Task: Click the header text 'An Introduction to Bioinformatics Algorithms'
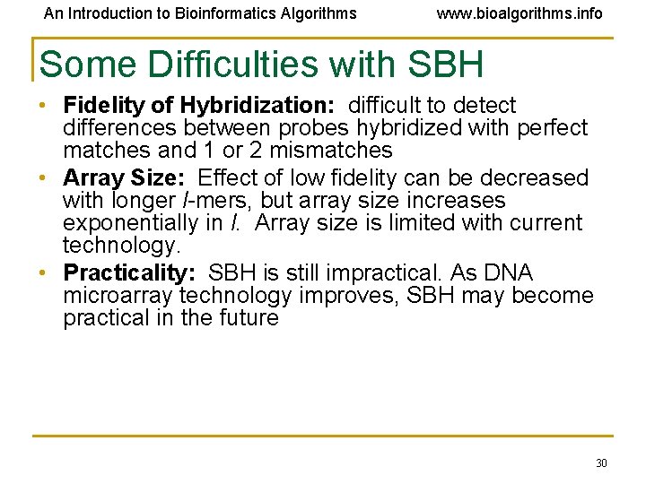[x=200, y=13]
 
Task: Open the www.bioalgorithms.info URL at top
[x=519, y=13]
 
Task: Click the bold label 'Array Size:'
[x=127, y=178]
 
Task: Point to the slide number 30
[x=601, y=462]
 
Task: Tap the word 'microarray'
[x=118, y=296]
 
